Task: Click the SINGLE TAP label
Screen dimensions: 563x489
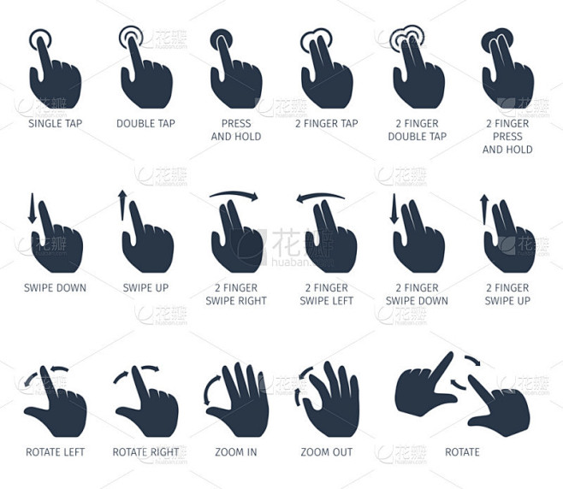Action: coord(56,123)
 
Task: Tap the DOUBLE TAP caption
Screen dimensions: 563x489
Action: coord(145,123)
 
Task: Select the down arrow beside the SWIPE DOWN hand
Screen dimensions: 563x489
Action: coord(33,208)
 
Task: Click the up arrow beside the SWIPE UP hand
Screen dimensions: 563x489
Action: coord(122,205)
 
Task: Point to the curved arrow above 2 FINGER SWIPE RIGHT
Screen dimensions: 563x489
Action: coord(234,193)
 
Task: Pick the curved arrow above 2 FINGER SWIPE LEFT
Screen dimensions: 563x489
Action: coord(320,196)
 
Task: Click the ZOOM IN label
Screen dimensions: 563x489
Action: coord(236,452)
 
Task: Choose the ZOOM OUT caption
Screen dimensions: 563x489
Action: coord(326,452)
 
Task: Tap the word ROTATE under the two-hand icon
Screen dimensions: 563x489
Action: coord(462,452)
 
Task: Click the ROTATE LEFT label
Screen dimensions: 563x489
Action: coord(56,452)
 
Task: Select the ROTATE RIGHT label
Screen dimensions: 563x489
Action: coord(145,452)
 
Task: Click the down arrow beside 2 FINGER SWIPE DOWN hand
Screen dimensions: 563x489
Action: coord(394,209)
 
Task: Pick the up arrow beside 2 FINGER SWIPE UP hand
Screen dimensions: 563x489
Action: coord(484,209)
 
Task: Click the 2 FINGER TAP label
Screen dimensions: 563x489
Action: coord(326,123)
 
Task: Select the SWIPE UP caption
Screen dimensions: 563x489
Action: coord(145,288)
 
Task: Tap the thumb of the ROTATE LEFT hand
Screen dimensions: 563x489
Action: coord(36,413)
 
